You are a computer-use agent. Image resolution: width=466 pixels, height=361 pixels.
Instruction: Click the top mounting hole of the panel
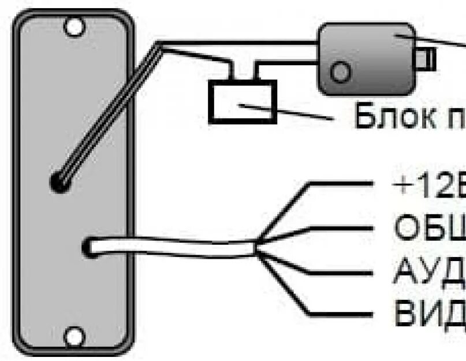(x=73, y=26)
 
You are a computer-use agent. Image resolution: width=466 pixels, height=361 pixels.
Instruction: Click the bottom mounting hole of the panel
(x=73, y=336)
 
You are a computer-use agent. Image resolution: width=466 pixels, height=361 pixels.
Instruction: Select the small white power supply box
(x=241, y=102)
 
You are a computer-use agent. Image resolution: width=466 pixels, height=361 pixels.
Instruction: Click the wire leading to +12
(x=341, y=184)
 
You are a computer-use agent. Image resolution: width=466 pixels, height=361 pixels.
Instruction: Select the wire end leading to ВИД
(x=341, y=314)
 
